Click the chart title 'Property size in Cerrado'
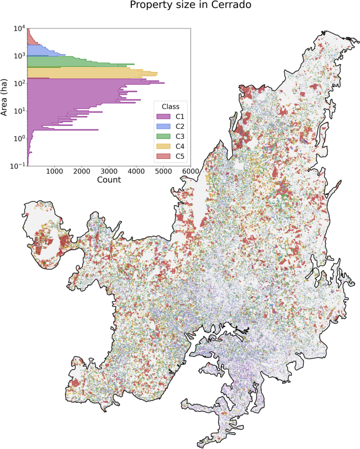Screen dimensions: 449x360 pyautogui.click(x=180, y=6)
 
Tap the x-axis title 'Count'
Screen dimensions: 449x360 pyautogui.click(x=109, y=180)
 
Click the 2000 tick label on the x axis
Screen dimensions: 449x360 pyautogui.click(x=81, y=171)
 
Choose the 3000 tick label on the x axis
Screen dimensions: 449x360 pyautogui.click(x=109, y=171)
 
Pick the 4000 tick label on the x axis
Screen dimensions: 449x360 pyautogui.click(x=136, y=171)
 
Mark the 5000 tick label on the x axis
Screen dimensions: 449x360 pyautogui.click(x=163, y=171)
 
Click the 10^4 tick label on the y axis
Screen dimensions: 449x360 pyautogui.click(x=19, y=28)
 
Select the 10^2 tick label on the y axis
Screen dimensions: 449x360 pyautogui.click(x=19, y=83)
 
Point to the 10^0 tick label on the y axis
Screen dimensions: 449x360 pyautogui.click(x=19, y=138)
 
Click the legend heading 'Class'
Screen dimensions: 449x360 pyautogui.click(x=172, y=106)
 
